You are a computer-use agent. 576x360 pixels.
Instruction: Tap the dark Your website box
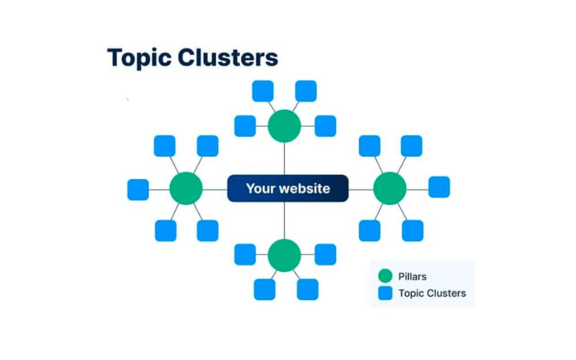(x=287, y=188)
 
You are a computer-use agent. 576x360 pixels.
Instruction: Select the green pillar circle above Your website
(x=284, y=126)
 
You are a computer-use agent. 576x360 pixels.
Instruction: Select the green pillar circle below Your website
(x=284, y=255)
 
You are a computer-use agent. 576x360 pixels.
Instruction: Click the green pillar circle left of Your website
(x=186, y=188)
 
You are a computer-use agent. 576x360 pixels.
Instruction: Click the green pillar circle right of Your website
(x=390, y=188)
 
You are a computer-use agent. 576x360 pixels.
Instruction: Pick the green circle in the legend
(x=385, y=276)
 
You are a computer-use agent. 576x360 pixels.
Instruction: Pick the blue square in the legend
(x=385, y=293)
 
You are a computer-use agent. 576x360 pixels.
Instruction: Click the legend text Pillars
(x=412, y=276)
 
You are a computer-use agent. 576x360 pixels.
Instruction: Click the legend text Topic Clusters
(x=432, y=293)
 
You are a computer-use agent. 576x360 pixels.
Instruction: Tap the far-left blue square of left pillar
(x=138, y=190)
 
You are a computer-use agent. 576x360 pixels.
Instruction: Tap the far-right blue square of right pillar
(x=439, y=187)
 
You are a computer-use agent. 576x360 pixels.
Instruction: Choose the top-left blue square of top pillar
(x=263, y=91)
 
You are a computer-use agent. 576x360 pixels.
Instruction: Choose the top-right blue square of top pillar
(x=306, y=91)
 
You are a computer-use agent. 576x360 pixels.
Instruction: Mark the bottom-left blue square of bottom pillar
(x=264, y=289)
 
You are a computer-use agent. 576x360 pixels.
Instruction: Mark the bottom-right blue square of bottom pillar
(x=308, y=289)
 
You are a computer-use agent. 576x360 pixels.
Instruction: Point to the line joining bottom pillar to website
(x=284, y=220)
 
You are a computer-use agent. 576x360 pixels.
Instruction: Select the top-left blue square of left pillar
(x=164, y=146)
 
